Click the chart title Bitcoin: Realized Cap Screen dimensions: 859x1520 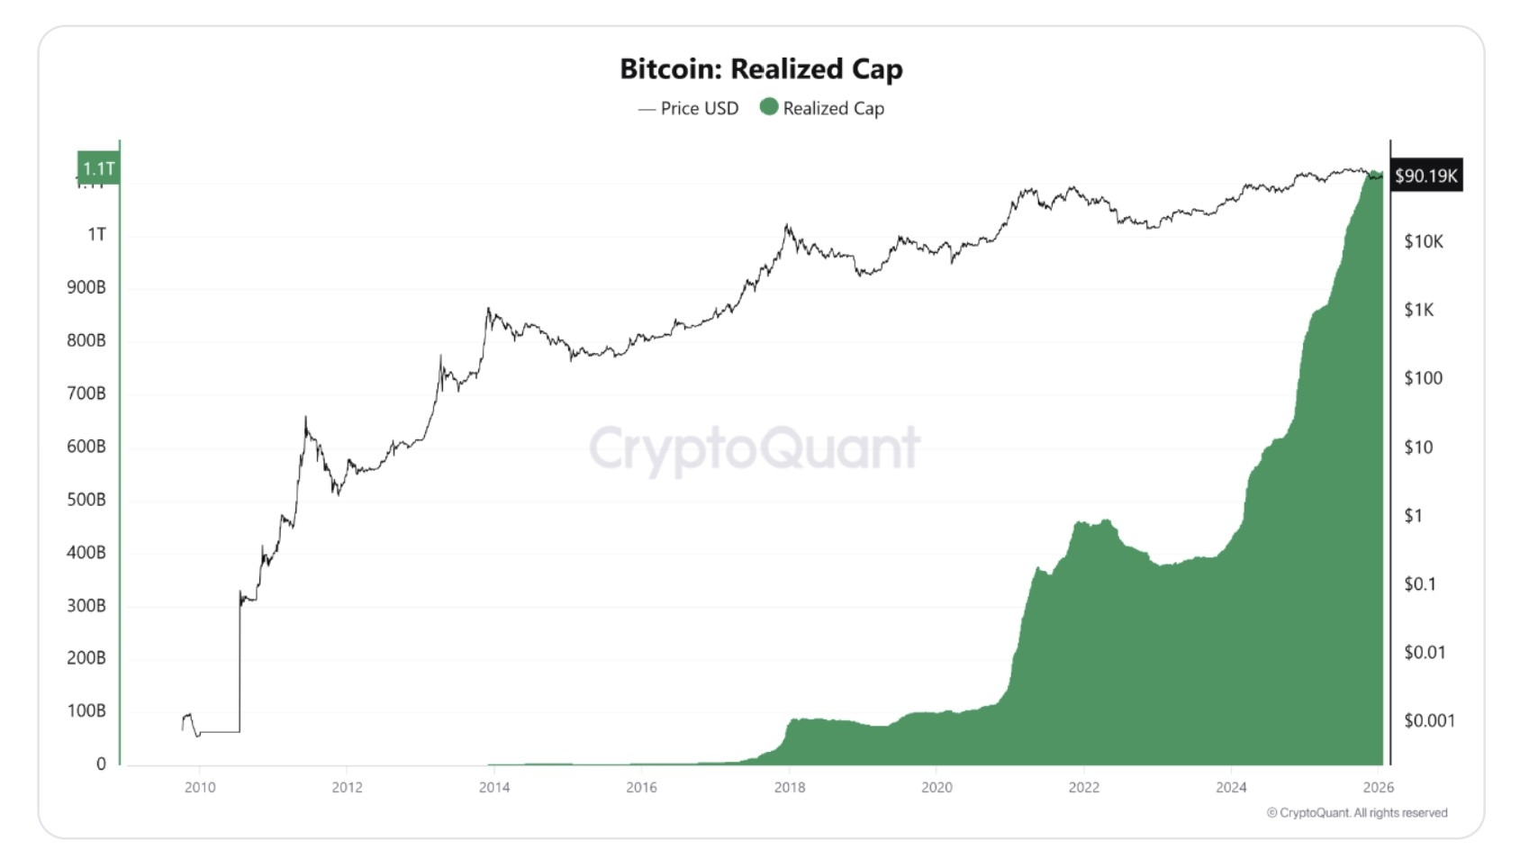tap(761, 68)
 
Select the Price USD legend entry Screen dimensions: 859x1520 tap(689, 108)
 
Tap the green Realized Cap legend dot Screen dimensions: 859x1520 tap(769, 107)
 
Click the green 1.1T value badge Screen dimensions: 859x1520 tap(98, 168)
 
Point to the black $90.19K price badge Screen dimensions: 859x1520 tap(1425, 176)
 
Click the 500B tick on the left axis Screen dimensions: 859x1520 tap(86, 500)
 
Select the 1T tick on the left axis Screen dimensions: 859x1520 tap(96, 234)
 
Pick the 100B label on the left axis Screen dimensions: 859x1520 tap(86, 711)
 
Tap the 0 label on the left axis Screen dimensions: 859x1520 tap(101, 764)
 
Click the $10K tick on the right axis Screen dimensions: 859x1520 tap(1423, 241)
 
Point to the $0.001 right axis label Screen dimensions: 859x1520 tap(1429, 720)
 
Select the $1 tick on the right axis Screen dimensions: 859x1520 tap(1413, 515)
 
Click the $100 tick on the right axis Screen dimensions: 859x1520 tap(1423, 378)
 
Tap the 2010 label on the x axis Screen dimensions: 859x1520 tap(200, 787)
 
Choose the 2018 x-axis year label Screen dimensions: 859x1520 tap(790, 787)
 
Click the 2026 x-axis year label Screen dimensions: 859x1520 tap(1378, 787)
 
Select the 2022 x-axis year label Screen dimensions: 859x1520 tap(1083, 787)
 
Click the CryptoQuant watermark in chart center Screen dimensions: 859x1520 tap(755, 448)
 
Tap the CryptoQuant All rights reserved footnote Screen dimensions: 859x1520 tap(1357, 812)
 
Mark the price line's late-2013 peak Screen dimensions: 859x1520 tap(488, 310)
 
